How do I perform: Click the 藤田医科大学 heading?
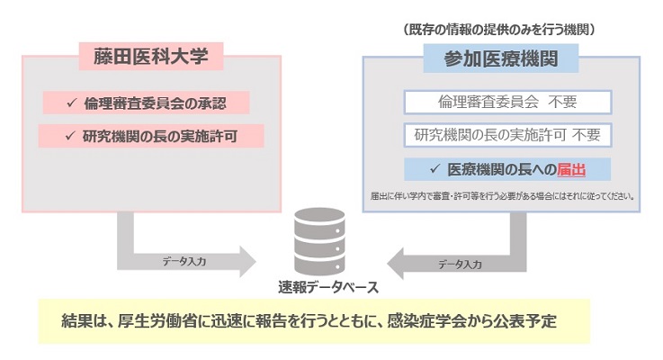coord(151,57)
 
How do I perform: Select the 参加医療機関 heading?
coord(501,58)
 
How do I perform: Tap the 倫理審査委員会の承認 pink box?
coord(146,103)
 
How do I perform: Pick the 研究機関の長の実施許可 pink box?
coord(151,136)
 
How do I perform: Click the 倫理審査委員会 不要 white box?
coord(508,102)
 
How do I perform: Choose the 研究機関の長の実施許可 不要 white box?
coord(508,135)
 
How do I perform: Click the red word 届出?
coord(571,169)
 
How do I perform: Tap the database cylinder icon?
coord(319,241)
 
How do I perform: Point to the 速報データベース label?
coord(328,288)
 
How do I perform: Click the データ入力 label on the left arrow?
coord(184,261)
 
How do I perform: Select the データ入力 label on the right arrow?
coord(460,265)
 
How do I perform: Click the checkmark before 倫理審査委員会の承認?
coord(71,103)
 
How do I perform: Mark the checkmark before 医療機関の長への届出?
coord(435,169)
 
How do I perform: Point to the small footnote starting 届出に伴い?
coord(502,196)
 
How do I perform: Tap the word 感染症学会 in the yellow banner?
coord(426,321)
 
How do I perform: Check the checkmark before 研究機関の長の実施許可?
coord(70,136)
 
